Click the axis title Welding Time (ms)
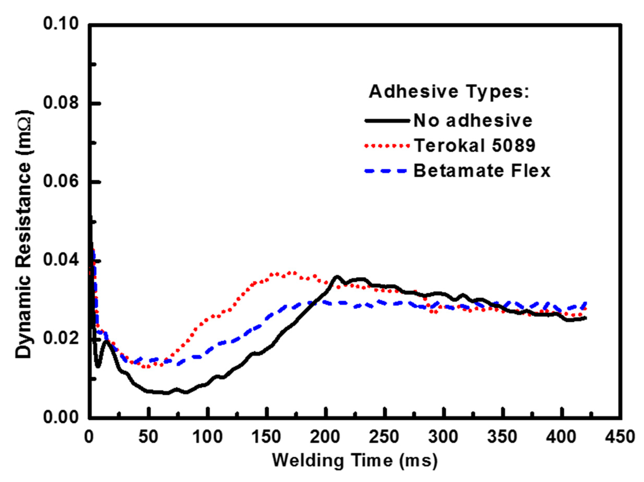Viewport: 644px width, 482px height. [x=355, y=461]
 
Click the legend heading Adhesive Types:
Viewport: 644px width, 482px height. [x=449, y=92]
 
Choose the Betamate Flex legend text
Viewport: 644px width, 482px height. [x=482, y=171]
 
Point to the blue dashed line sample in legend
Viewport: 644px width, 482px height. [x=385, y=171]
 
